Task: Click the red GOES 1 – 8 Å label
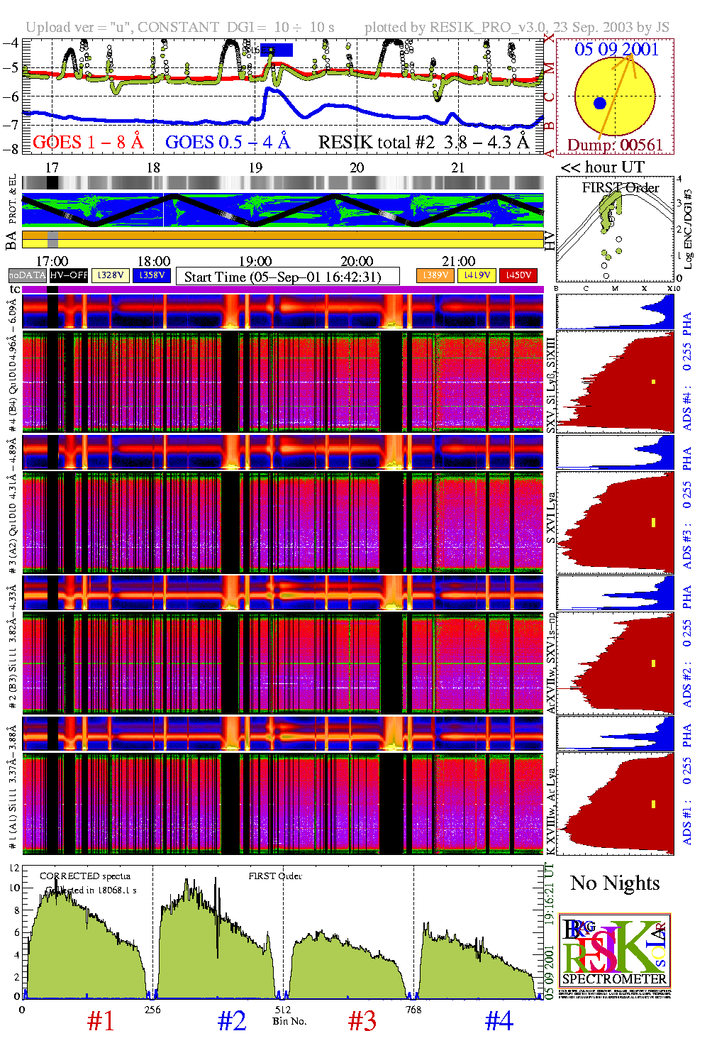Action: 88,143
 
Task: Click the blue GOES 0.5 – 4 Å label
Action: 228,143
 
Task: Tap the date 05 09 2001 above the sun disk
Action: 616,49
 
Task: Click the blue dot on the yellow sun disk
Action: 600,104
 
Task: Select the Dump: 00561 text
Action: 615,145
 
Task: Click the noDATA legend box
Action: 27,275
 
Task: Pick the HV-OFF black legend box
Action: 69,275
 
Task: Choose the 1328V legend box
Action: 111,275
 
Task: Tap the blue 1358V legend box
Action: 152,275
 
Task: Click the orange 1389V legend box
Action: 435,275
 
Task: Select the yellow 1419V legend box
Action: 477,275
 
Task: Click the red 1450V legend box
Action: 518,275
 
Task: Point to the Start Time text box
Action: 287,277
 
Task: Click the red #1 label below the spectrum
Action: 101,1021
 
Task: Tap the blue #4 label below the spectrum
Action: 499,1021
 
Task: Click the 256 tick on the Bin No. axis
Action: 152,1010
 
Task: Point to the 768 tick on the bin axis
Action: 413,1010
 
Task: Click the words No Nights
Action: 615,883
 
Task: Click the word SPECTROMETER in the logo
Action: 614,979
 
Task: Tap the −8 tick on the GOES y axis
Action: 11,149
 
